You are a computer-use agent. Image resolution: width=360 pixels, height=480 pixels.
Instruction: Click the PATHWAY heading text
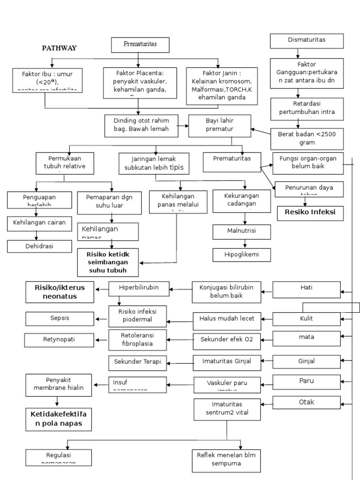click(x=59, y=48)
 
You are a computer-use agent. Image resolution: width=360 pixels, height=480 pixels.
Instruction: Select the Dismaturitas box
click(x=307, y=41)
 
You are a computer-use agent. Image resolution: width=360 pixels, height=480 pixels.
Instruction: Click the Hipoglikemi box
click(x=241, y=255)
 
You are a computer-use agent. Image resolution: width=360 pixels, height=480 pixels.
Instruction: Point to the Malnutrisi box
click(x=241, y=232)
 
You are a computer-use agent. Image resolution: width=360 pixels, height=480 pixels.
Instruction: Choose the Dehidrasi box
click(x=40, y=246)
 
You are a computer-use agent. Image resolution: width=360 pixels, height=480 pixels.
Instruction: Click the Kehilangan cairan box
click(x=39, y=223)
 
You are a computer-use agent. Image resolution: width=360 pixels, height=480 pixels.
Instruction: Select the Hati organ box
click(x=307, y=289)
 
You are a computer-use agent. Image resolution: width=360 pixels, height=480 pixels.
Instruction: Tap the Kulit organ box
click(x=307, y=319)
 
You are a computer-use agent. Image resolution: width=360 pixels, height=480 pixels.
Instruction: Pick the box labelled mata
click(x=307, y=337)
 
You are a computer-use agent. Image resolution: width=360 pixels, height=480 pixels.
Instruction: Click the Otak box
click(x=307, y=402)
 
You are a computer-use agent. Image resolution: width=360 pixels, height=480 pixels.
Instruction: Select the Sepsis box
click(x=60, y=318)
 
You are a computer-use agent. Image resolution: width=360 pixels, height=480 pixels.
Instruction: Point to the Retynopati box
click(x=60, y=339)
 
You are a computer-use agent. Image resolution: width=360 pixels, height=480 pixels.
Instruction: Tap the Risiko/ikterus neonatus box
click(x=60, y=292)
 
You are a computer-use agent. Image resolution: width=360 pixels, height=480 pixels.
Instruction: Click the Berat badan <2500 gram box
click(x=307, y=138)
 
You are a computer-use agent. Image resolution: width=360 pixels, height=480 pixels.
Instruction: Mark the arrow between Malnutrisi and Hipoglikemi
click(x=245, y=243)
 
